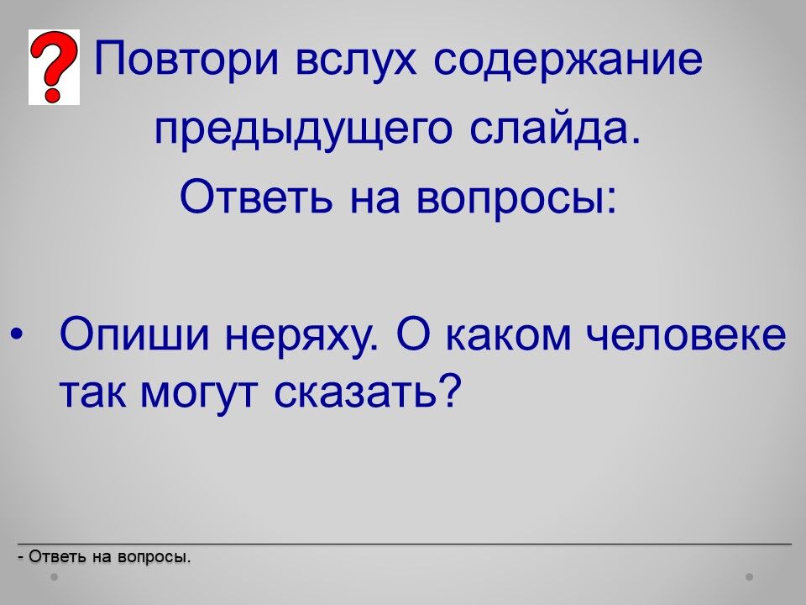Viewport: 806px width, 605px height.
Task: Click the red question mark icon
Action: point(54,67)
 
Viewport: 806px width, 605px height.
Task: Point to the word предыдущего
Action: point(304,131)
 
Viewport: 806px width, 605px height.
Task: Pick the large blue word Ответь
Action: point(256,197)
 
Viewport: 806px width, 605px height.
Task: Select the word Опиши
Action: point(135,336)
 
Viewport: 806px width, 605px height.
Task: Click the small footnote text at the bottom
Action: point(104,557)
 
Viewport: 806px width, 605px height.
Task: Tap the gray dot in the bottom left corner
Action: point(55,577)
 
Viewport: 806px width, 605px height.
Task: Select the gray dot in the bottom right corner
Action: point(750,577)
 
